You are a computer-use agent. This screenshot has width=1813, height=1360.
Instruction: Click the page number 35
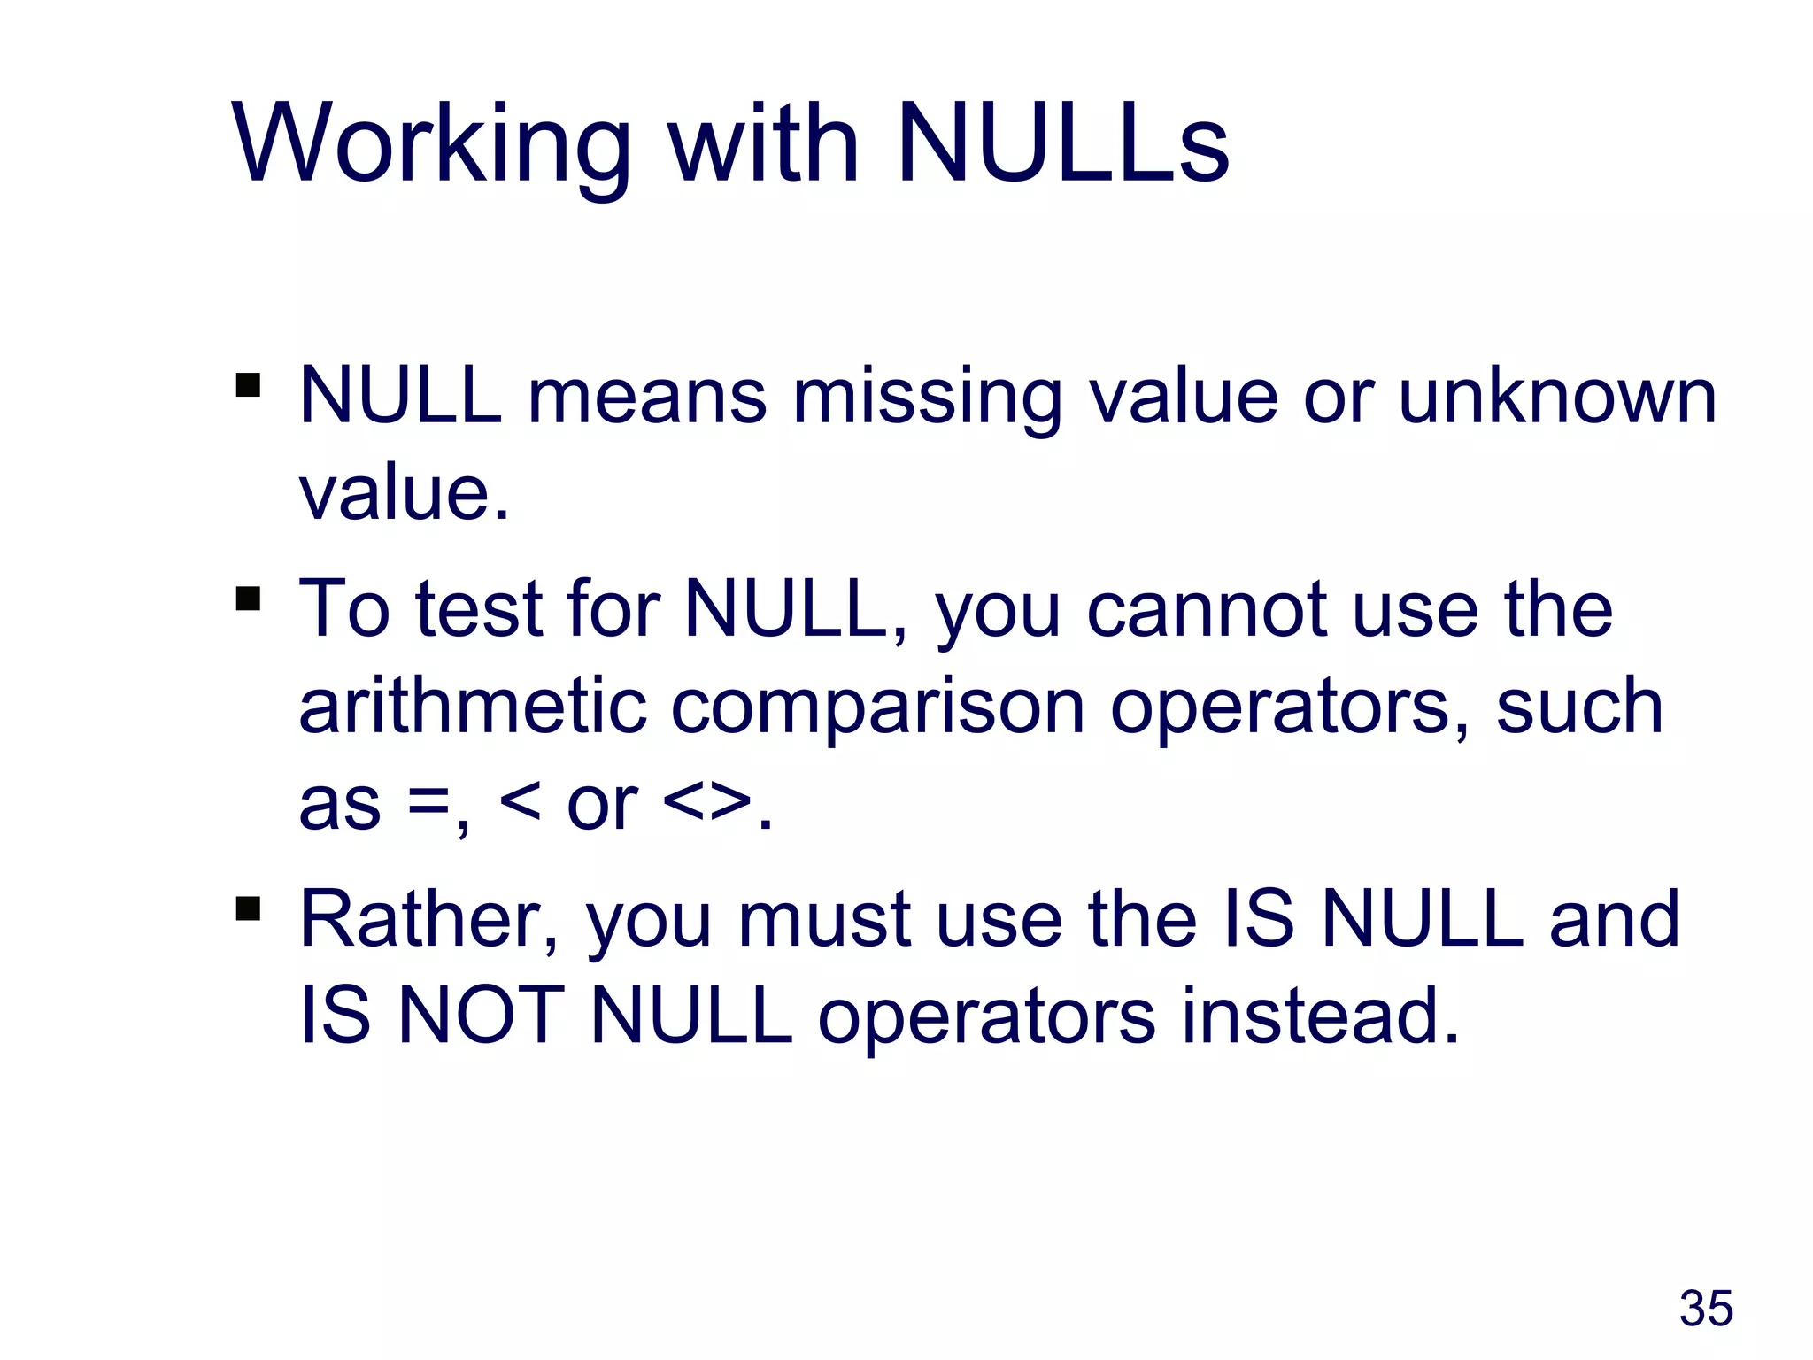pyautogui.click(x=1706, y=1309)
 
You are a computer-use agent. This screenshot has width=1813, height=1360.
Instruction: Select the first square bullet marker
pyautogui.click(x=249, y=385)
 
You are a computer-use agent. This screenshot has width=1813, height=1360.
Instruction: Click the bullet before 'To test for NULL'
pyautogui.click(x=249, y=599)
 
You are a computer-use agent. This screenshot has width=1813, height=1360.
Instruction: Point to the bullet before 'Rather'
pyautogui.click(x=249, y=909)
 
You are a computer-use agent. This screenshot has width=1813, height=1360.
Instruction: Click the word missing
pyautogui.click(x=926, y=398)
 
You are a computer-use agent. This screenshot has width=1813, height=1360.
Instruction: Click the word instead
pyautogui.click(x=1319, y=1016)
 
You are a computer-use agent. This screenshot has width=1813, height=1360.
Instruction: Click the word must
pyautogui.click(x=825, y=921)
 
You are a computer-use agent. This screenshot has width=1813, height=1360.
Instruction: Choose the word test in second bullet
pyautogui.click(x=479, y=611)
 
